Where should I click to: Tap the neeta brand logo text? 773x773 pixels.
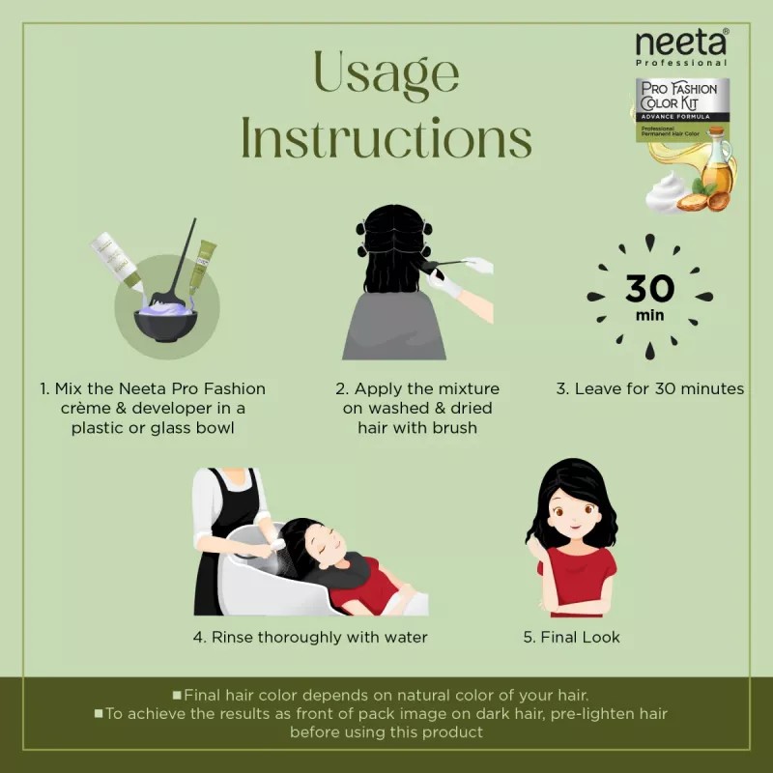tap(681, 43)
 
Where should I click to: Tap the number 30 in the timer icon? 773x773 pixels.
tap(649, 289)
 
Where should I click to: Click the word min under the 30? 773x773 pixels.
tap(649, 316)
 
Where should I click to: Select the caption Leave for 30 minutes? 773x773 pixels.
tap(649, 388)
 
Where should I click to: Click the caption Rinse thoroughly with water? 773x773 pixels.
tap(309, 637)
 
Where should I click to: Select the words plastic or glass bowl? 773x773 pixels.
tap(153, 427)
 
